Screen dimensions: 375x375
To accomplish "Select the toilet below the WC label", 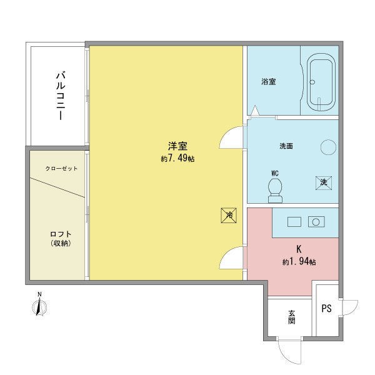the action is [x=275, y=191].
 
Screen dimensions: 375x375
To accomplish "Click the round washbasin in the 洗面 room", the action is [x=328, y=147].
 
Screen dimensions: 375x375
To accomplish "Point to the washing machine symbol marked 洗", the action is [x=323, y=183].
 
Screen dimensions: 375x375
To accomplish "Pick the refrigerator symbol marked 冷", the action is [x=229, y=215].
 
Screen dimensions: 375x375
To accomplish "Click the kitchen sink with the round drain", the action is [x=316, y=222].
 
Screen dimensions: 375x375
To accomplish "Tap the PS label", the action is [x=326, y=308].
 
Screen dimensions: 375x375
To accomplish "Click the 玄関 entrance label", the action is [x=291, y=317].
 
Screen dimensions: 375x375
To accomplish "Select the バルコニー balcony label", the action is [x=61, y=95].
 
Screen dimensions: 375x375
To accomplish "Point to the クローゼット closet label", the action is [x=61, y=169].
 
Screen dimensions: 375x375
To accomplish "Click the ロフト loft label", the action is [x=61, y=234].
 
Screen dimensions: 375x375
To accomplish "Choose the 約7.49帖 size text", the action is [x=177, y=158].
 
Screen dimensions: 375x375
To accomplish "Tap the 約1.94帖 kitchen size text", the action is [x=299, y=262].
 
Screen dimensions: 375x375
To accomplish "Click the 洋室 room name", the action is [x=177, y=146].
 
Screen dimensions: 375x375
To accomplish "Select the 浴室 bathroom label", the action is [x=269, y=82].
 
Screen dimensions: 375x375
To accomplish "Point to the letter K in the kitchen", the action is [x=299, y=249].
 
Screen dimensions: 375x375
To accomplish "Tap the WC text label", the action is [x=275, y=173].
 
